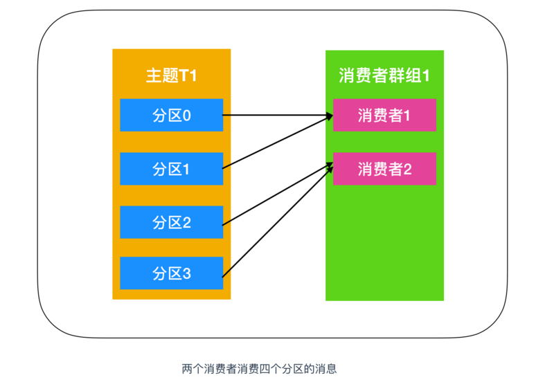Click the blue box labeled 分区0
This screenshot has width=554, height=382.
coord(171,115)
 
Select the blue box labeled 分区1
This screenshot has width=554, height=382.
coord(171,168)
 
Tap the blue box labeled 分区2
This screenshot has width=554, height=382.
coord(171,221)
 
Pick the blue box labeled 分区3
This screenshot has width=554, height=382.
coord(171,273)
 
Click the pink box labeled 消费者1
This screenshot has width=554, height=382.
coord(384,115)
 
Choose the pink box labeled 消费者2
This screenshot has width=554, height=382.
coord(384,168)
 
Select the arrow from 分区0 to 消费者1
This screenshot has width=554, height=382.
coord(277,116)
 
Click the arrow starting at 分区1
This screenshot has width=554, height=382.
coord(277,143)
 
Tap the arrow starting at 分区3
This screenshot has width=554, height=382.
coord(277,221)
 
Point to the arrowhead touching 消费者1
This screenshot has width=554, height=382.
coord(328,117)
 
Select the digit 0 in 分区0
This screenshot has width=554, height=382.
coord(186,115)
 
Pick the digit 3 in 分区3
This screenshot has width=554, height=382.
coord(186,273)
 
